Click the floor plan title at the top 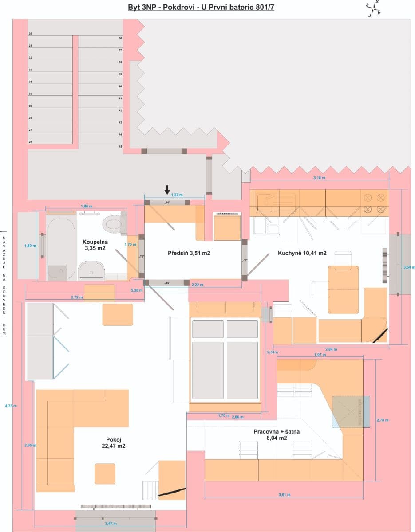(201, 7)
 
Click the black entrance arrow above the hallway (167, 190)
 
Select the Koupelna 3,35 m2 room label (94, 245)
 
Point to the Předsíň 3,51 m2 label (189, 254)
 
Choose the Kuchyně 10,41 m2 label (302, 253)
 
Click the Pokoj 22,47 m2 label (113, 442)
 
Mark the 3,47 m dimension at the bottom (111, 524)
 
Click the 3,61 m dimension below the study (284, 494)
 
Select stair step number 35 (30, 34)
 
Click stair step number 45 (120, 146)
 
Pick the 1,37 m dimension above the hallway (177, 195)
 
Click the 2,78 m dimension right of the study (382, 419)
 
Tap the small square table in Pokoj (105, 473)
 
